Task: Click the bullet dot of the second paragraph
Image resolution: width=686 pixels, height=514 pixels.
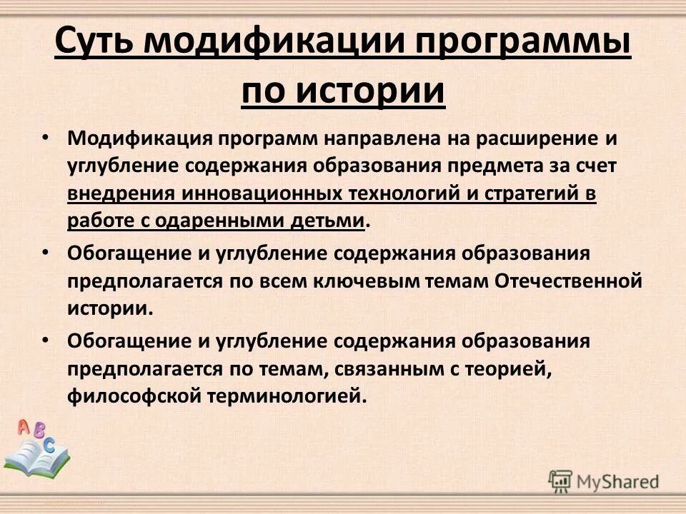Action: pyautogui.click(x=45, y=252)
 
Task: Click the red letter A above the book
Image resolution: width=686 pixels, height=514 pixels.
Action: pyautogui.click(x=24, y=428)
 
